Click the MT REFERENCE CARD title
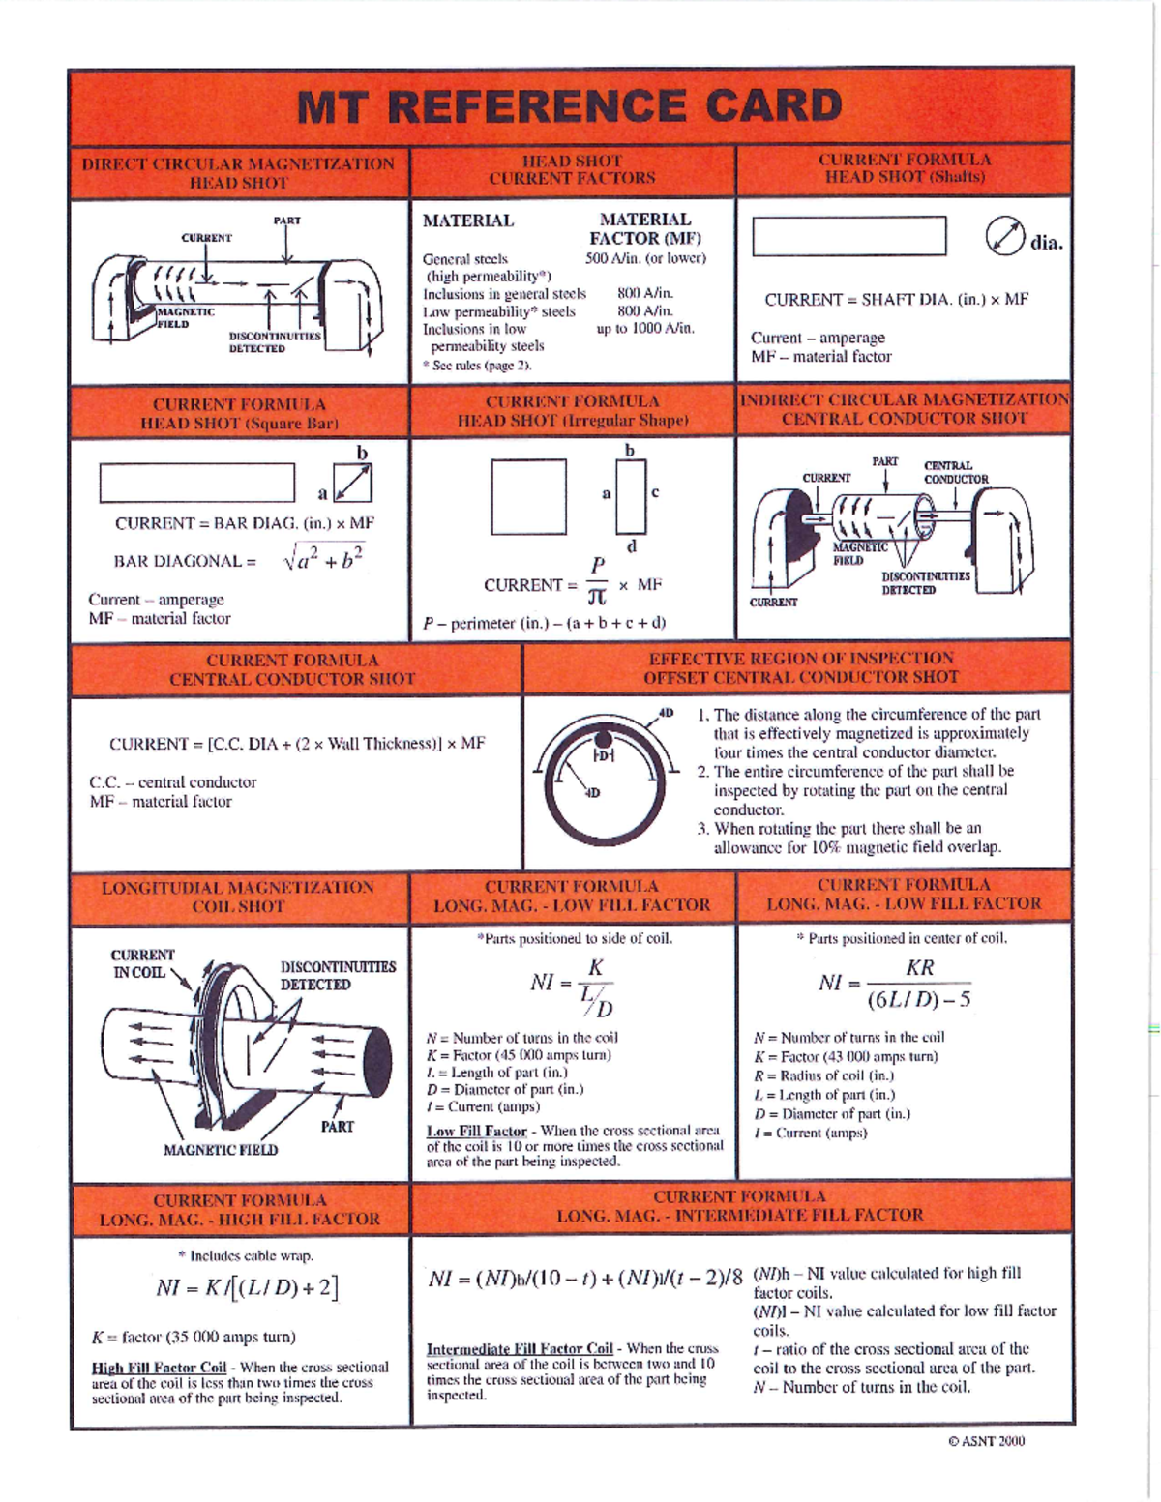click(569, 106)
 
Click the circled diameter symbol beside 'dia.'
click(1005, 238)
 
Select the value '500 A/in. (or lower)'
click(645, 258)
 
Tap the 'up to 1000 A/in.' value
click(645, 328)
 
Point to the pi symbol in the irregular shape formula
click(598, 599)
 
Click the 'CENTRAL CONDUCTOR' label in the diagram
click(955, 472)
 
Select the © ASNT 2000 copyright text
click(986, 1441)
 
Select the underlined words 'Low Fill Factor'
click(476, 1131)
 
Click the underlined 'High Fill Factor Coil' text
click(159, 1368)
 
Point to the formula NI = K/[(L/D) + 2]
click(247, 1288)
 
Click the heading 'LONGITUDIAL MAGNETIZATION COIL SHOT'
click(238, 897)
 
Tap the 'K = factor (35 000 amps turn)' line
click(193, 1338)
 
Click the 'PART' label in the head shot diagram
click(286, 221)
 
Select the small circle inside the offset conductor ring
click(603, 753)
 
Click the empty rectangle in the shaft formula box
click(848, 236)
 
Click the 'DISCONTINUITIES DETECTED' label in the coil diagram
click(338, 975)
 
